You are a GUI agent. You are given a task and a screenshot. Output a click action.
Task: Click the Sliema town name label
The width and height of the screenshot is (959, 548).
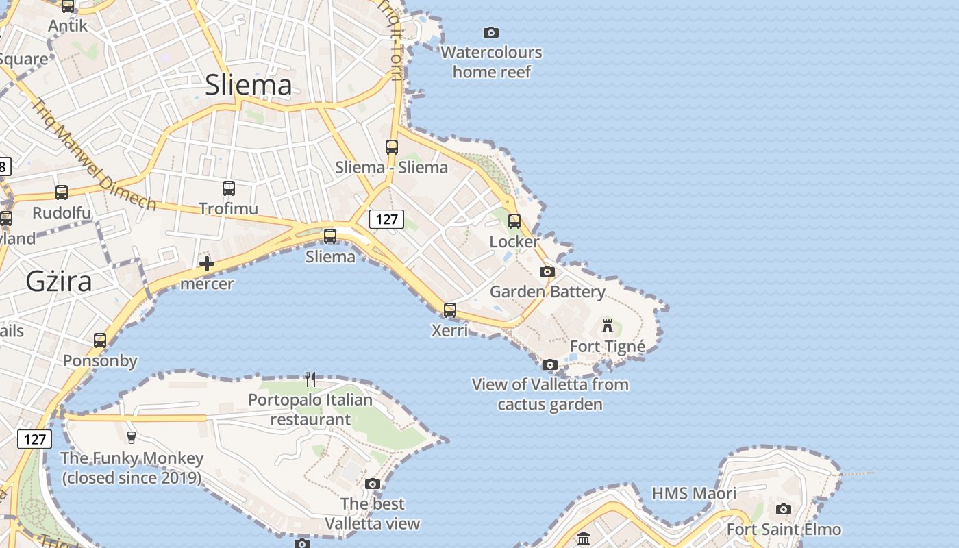[249, 84]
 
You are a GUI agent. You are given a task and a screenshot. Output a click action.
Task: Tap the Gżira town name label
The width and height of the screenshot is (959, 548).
[59, 281]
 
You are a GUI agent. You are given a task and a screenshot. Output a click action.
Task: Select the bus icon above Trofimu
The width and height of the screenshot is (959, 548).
[229, 188]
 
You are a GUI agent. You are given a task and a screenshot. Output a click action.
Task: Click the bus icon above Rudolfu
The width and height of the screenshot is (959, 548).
[62, 192]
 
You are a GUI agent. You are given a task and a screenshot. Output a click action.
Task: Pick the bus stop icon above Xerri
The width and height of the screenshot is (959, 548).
[450, 310]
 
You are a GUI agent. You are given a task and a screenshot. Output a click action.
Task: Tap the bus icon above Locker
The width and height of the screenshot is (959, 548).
[514, 221]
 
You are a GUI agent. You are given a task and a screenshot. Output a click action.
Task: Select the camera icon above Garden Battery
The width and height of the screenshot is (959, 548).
[547, 271]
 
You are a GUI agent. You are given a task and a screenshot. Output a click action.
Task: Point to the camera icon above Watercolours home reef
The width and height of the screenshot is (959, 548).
[491, 32]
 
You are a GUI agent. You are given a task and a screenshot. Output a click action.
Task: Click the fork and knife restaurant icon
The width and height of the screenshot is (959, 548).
[310, 379]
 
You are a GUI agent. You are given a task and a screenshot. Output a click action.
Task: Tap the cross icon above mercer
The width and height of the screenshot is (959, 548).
[206, 264]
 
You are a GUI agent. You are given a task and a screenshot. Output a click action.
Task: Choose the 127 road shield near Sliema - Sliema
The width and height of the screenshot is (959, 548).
[387, 219]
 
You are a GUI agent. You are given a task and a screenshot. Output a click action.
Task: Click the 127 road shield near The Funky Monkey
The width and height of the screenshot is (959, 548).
[34, 439]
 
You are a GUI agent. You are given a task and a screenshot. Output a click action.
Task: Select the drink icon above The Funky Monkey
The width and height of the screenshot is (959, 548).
[132, 436]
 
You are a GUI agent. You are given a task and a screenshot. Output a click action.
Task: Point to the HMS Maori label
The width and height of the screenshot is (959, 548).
[694, 493]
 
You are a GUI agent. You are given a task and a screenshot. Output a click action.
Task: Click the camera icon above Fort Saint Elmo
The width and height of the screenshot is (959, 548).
[784, 509]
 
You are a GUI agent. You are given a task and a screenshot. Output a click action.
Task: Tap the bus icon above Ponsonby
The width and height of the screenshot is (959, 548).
[100, 340]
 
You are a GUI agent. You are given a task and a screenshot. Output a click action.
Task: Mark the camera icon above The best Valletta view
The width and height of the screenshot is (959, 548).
[373, 484]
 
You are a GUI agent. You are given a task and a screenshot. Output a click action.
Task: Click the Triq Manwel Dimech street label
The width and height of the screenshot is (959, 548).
[93, 154]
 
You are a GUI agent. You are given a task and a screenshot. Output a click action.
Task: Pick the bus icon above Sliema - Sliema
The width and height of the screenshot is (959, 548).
[392, 147]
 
